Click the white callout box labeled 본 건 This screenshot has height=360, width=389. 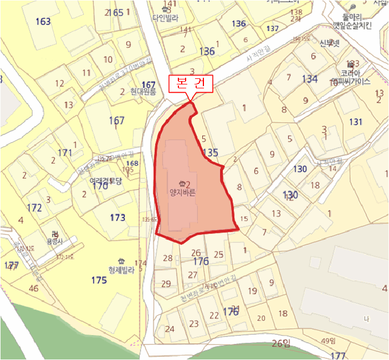(191, 84)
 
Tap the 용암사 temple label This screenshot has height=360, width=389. (54, 241)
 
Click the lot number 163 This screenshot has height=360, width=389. (42, 22)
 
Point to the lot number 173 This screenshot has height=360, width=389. (117, 218)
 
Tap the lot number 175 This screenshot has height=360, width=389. (99, 280)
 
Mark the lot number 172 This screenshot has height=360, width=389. (34, 208)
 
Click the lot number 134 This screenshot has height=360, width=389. (310, 79)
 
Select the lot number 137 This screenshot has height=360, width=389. (272, 28)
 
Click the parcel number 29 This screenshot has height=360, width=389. (166, 284)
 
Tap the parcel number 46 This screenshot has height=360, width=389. (33, 288)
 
